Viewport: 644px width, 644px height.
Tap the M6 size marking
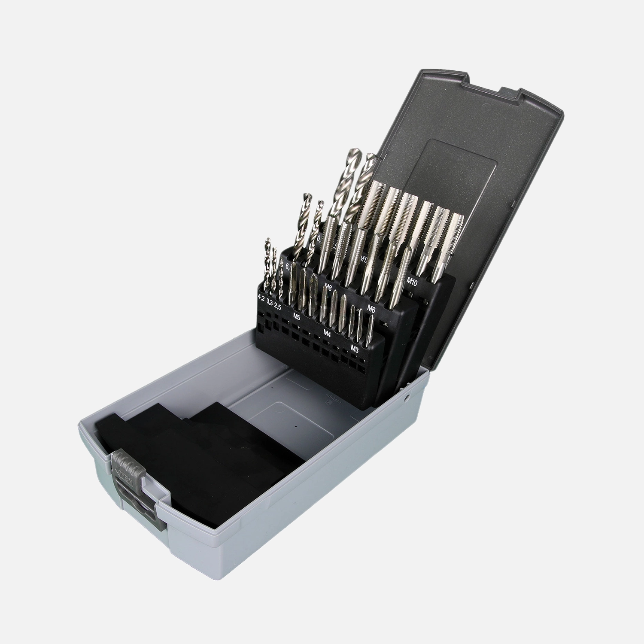click(372, 308)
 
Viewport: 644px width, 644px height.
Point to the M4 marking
click(327, 333)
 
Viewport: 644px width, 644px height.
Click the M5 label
click(296, 316)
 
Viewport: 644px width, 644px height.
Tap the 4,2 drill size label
click(261, 297)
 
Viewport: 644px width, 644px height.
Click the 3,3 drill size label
click(270, 302)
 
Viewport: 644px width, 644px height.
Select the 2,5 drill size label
click(278, 307)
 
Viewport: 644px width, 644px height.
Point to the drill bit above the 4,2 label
click(267, 262)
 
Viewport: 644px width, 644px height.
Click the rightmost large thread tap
click(451, 240)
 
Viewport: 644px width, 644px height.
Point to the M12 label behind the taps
click(365, 259)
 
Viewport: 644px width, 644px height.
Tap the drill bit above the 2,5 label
click(280, 279)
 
